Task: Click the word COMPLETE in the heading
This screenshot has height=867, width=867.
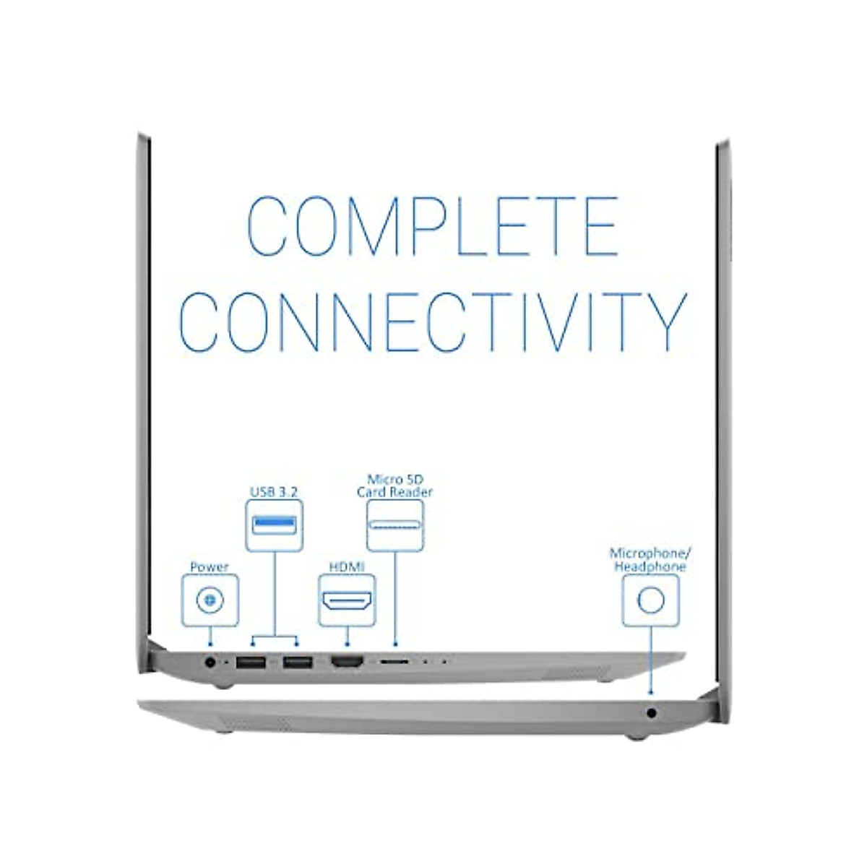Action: pos(432,225)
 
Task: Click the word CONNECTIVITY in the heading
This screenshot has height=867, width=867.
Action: pos(432,322)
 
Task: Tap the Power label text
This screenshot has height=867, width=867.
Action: pos(209,567)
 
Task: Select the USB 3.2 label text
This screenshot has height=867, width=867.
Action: pos(274,492)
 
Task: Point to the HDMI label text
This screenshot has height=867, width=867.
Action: pos(347,567)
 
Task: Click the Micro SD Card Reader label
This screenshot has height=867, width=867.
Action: pos(394,486)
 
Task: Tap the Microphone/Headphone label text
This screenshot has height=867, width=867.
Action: pos(650,560)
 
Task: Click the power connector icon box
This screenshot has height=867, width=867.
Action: pos(210,600)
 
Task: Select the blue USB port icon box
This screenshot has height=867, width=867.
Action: pos(274,525)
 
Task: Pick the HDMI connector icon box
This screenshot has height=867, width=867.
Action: pos(347,600)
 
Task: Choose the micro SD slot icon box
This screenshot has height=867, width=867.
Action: pos(394,525)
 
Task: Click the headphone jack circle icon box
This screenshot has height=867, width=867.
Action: pos(650,600)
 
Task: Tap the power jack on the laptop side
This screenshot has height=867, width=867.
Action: pos(211,661)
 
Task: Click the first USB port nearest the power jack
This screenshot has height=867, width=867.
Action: pos(251,661)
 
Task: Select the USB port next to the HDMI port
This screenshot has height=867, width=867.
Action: pos(297,661)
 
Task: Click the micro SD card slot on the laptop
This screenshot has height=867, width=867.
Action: pos(394,661)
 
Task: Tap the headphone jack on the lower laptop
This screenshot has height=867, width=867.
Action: pos(652,713)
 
